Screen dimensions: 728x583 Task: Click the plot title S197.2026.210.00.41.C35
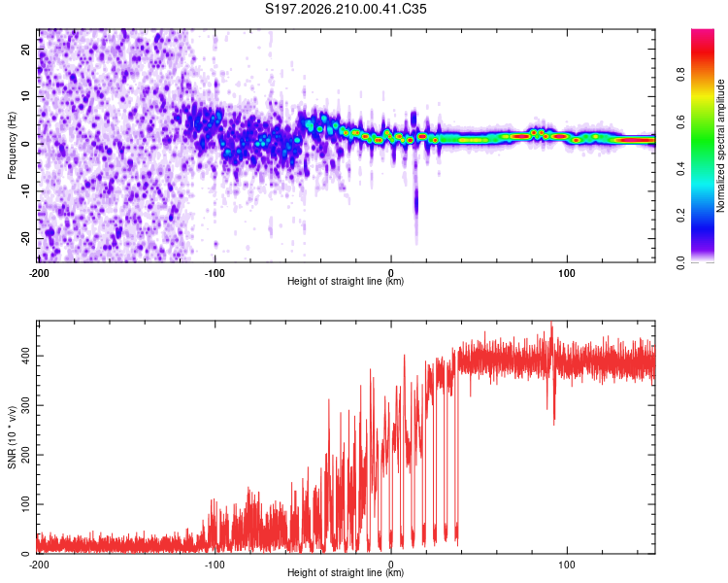pos(346,9)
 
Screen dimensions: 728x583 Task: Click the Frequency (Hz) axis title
pos(12,146)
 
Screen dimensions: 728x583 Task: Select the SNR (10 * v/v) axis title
pos(12,437)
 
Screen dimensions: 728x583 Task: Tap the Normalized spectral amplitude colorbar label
pos(720,146)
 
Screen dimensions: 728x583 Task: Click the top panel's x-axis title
pos(346,281)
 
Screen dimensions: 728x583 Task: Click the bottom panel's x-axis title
pos(346,572)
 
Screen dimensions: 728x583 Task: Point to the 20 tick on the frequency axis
pos(25,49)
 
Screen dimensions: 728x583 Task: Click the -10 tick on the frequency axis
pos(25,190)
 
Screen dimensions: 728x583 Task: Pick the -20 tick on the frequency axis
pos(25,238)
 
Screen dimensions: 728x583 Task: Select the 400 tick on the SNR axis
pos(25,357)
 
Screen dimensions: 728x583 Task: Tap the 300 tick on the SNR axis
pos(25,405)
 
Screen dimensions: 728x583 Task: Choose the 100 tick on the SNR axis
pos(25,504)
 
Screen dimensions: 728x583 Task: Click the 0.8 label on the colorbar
pos(680,75)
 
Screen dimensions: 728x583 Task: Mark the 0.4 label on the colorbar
pos(680,169)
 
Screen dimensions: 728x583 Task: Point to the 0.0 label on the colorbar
pos(680,263)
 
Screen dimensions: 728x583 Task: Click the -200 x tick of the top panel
pos(39,273)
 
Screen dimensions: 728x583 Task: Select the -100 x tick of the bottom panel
pos(215,565)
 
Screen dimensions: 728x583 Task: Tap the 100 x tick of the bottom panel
pos(567,565)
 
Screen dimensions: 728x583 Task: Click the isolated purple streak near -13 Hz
pos(416,202)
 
